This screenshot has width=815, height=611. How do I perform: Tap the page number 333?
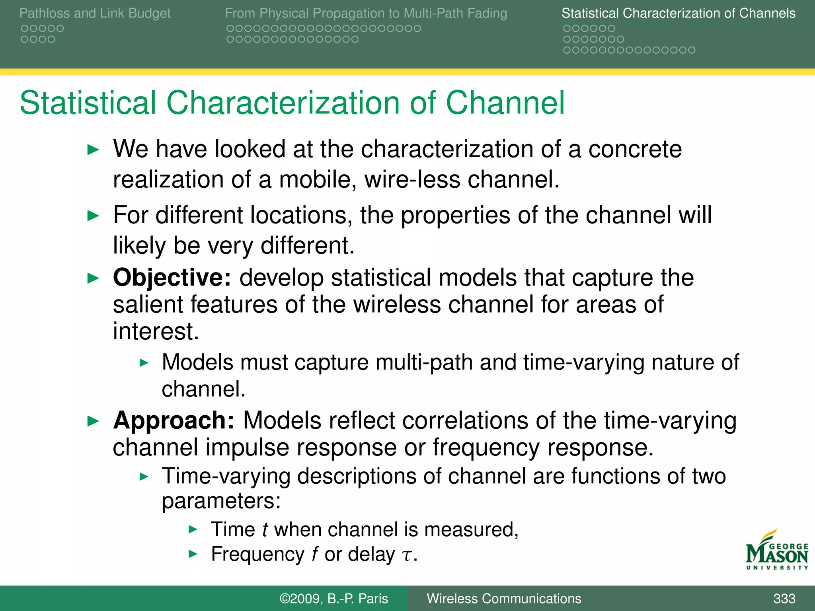coord(784,599)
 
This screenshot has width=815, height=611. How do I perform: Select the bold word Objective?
coord(172,277)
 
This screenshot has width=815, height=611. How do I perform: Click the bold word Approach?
coord(174,420)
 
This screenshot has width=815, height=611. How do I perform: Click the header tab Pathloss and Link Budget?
coord(95,13)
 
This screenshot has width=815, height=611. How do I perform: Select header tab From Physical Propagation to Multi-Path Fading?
coord(366,13)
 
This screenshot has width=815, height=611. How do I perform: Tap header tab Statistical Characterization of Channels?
coord(678,13)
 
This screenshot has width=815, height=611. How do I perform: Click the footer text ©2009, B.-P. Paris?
coord(333,599)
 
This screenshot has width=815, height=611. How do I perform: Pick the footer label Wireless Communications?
coord(504,599)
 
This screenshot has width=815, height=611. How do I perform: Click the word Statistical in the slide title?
coord(88,103)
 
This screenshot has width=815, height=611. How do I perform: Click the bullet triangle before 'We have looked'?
coord(93,150)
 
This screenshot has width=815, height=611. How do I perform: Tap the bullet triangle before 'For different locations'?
coord(93,216)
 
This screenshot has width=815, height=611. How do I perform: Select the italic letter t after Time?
coord(265,530)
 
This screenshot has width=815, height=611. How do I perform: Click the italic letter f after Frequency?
coord(314,554)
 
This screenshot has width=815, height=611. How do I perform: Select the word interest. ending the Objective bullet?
coord(156,331)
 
